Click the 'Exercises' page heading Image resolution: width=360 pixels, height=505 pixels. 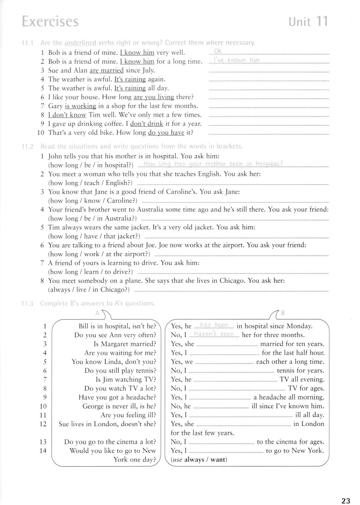50,22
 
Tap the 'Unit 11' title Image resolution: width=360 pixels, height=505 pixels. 308,21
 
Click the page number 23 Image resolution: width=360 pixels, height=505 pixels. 346,500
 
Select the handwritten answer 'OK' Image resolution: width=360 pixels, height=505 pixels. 218,51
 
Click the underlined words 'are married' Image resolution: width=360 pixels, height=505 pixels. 107,70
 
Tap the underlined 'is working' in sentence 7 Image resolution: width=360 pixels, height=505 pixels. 81,106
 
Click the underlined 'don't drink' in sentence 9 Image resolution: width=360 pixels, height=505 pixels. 147,124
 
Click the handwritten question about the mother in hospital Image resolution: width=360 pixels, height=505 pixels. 213,164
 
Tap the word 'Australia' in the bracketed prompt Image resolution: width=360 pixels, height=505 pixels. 117,218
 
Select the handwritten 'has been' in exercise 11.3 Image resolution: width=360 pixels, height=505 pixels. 214,325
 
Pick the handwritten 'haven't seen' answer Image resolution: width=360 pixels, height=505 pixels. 214,334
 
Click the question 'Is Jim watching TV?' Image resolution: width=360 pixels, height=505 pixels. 126,379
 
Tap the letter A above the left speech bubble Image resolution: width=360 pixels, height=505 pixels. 97,313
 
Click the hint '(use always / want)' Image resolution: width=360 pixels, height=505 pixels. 199,460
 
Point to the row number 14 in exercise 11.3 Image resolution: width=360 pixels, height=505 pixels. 43,451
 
